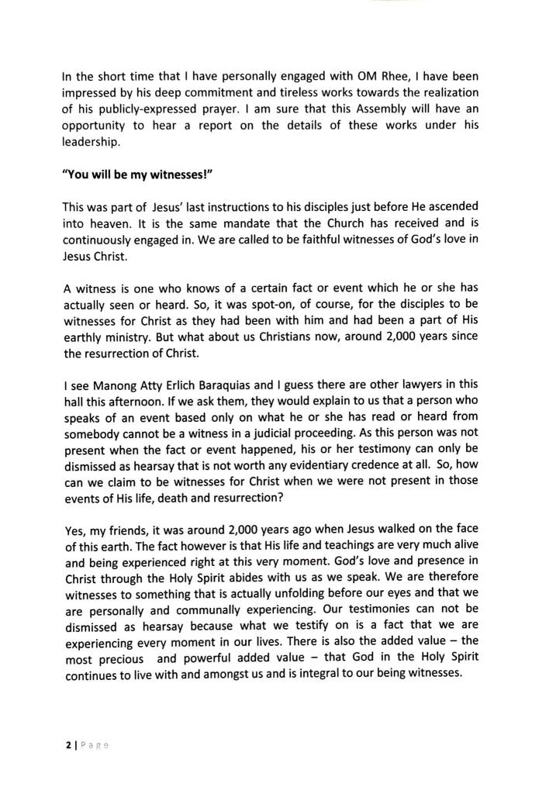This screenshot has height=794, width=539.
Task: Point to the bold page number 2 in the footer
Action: (x=66, y=746)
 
